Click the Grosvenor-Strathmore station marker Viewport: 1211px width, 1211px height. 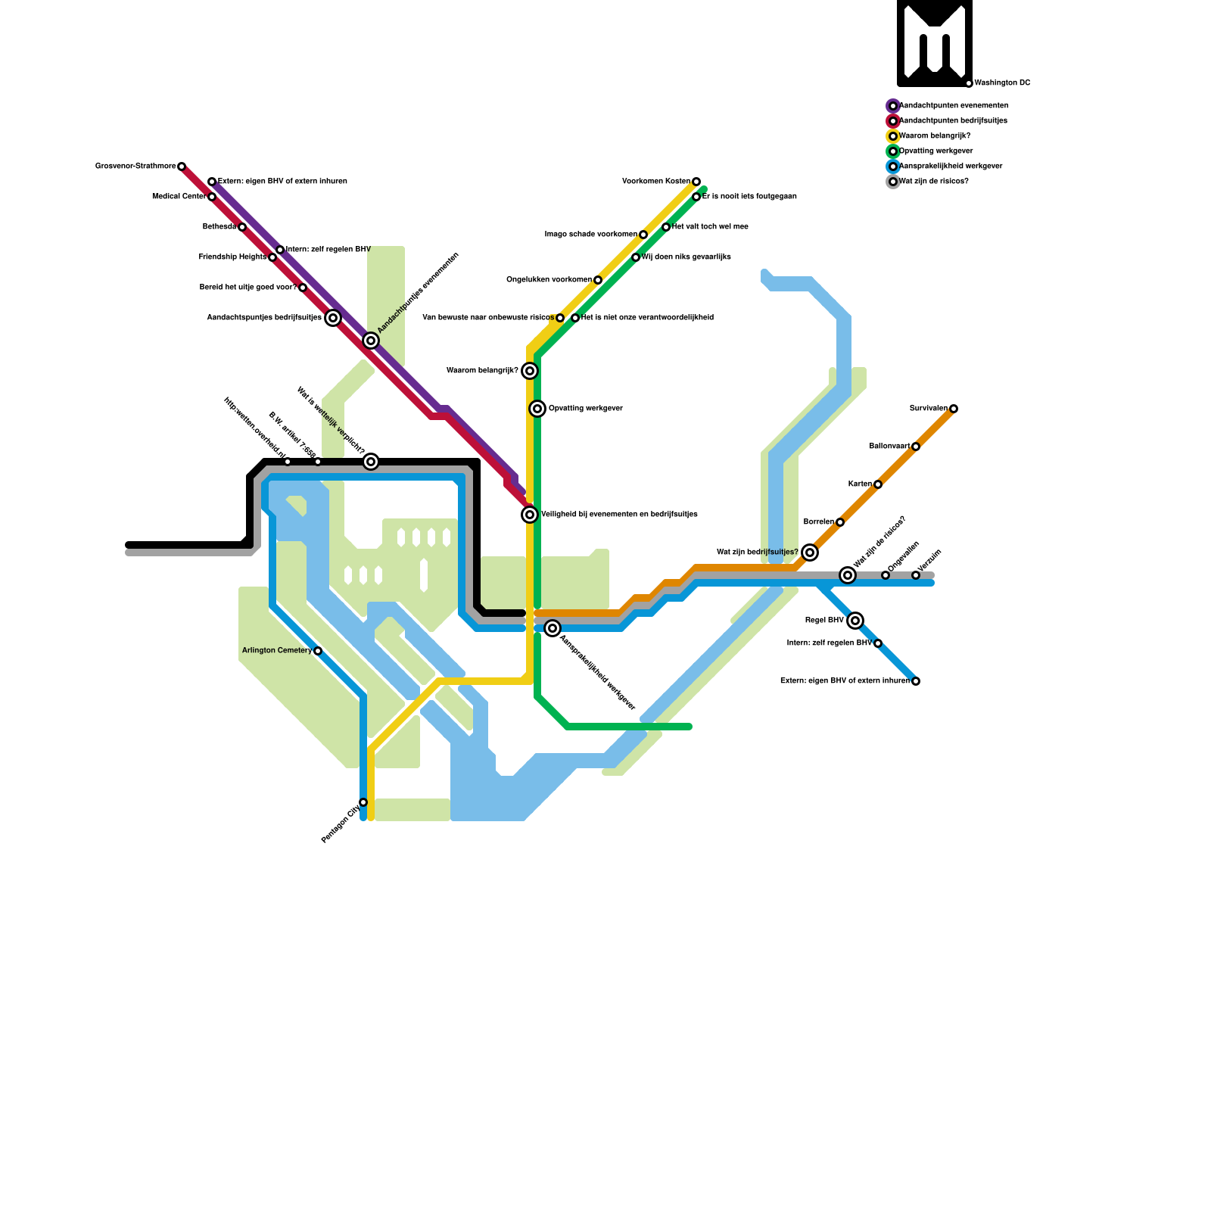(x=182, y=167)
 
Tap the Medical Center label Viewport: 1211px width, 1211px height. (x=179, y=197)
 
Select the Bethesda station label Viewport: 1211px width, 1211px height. (x=219, y=227)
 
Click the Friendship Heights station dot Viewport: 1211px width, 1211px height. (x=272, y=257)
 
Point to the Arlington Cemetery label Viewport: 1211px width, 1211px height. (x=276, y=651)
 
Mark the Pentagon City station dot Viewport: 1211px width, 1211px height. (x=363, y=802)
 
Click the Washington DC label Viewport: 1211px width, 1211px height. (x=1002, y=83)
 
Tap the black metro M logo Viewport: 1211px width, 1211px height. (x=935, y=43)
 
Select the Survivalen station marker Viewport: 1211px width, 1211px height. (x=954, y=409)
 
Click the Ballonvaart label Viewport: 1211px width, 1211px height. (x=889, y=447)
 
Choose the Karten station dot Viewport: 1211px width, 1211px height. (x=878, y=484)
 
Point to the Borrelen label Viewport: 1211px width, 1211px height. (x=818, y=522)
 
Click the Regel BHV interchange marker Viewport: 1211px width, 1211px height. (x=855, y=621)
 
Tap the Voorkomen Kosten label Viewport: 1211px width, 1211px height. (x=655, y=182)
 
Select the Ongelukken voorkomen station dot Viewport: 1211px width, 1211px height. (x=598, y=280)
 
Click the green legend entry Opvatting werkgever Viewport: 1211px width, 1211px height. (x=935, y=151)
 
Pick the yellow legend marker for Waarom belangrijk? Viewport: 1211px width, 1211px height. (x=893, y=136)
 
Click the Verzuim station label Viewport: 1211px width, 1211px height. (x=929, y=561)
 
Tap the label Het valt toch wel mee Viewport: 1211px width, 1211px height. (x=710, y=227)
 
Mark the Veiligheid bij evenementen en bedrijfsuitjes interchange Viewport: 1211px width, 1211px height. (x=530, y=515)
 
